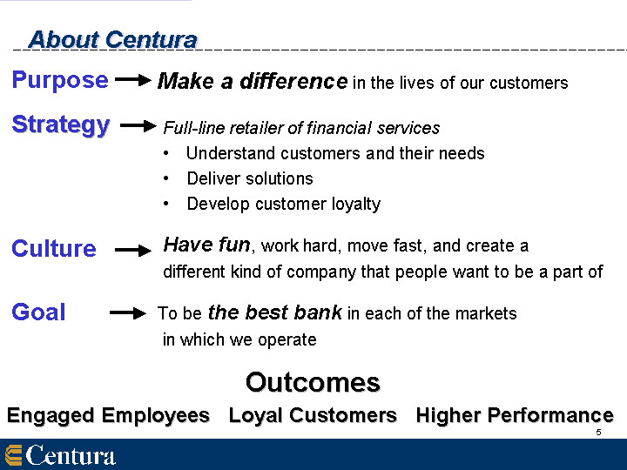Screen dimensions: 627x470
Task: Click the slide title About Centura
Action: tap(113, 40)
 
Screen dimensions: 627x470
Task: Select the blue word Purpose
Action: tap(60, 80)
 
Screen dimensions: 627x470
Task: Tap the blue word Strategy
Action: tap(61, 125)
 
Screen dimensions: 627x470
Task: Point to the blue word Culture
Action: tap(54, 249)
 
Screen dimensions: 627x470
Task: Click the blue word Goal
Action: tap(38, 312)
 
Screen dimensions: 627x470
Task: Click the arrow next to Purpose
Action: tap(133, 80)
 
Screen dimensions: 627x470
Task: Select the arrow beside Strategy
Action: tap(138, 126)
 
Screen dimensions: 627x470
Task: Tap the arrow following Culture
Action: tap(133, 251)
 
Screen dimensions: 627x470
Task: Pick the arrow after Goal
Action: tap(128, 313)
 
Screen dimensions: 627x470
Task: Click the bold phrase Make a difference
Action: tap(253, 81)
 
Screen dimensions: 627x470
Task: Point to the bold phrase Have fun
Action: tap(206, 245)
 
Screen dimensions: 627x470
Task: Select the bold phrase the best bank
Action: tap(275, 312)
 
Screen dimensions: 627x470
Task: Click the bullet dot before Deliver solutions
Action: tap(166, 178)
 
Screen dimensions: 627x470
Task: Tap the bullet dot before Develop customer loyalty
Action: tap(166, 204)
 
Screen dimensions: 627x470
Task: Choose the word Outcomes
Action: tap(313, 382)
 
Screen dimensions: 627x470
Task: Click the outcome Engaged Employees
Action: tap(108, 416)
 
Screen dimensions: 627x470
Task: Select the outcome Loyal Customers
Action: tap(313, 416)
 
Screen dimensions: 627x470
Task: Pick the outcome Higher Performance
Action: tap(515, 416)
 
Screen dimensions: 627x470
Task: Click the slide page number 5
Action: tap(598, 432)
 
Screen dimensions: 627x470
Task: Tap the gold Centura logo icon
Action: tap(14, 455)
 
